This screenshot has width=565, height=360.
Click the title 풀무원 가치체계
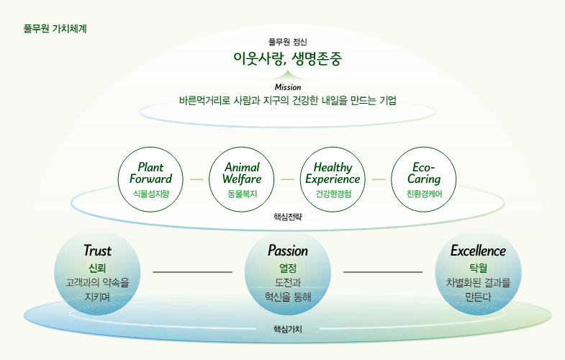[x=55, y=29]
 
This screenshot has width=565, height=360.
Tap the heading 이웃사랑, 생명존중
[x=288, y=58]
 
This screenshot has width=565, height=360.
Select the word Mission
[x=288, y=87]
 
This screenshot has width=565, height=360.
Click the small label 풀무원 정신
[x=288, y=42]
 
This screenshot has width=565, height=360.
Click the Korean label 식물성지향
[x=151, y=194]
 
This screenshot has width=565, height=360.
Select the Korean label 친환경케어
[x=424, y=194]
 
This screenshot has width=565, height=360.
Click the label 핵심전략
[x=288, y=217]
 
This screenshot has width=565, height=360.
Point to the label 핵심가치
[x=288, y=329]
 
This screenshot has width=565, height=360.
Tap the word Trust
[x=97, y=251]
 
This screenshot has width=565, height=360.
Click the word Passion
[x=288, y=251]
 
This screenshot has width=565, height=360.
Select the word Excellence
[x=478, y=251]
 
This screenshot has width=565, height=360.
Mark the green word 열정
[x=288, y=268]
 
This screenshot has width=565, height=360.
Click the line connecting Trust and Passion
[x=192, y=271]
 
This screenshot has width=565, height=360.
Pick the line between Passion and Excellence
[x=383, y=271]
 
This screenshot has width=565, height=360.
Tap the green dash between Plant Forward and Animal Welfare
[x=196, y=179]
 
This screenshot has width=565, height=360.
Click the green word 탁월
[x=478, y=268]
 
